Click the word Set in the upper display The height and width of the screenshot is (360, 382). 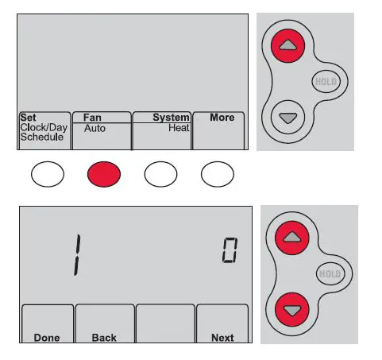[28, 118]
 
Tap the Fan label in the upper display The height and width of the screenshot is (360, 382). [92, 118]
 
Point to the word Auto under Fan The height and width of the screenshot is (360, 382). [94, 127]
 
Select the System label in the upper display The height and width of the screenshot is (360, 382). [171, 118]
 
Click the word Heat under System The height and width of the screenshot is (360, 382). [179, 127]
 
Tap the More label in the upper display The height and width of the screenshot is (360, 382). [222, 118]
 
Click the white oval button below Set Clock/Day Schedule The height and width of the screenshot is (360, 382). [47, 174]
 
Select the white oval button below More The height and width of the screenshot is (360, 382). [217, 174]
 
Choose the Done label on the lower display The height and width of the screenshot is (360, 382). [47, 338]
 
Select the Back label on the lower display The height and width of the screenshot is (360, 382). [104, 338]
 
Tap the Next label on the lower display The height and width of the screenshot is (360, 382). [222, 338]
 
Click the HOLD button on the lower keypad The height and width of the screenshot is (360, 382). [328, 273]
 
